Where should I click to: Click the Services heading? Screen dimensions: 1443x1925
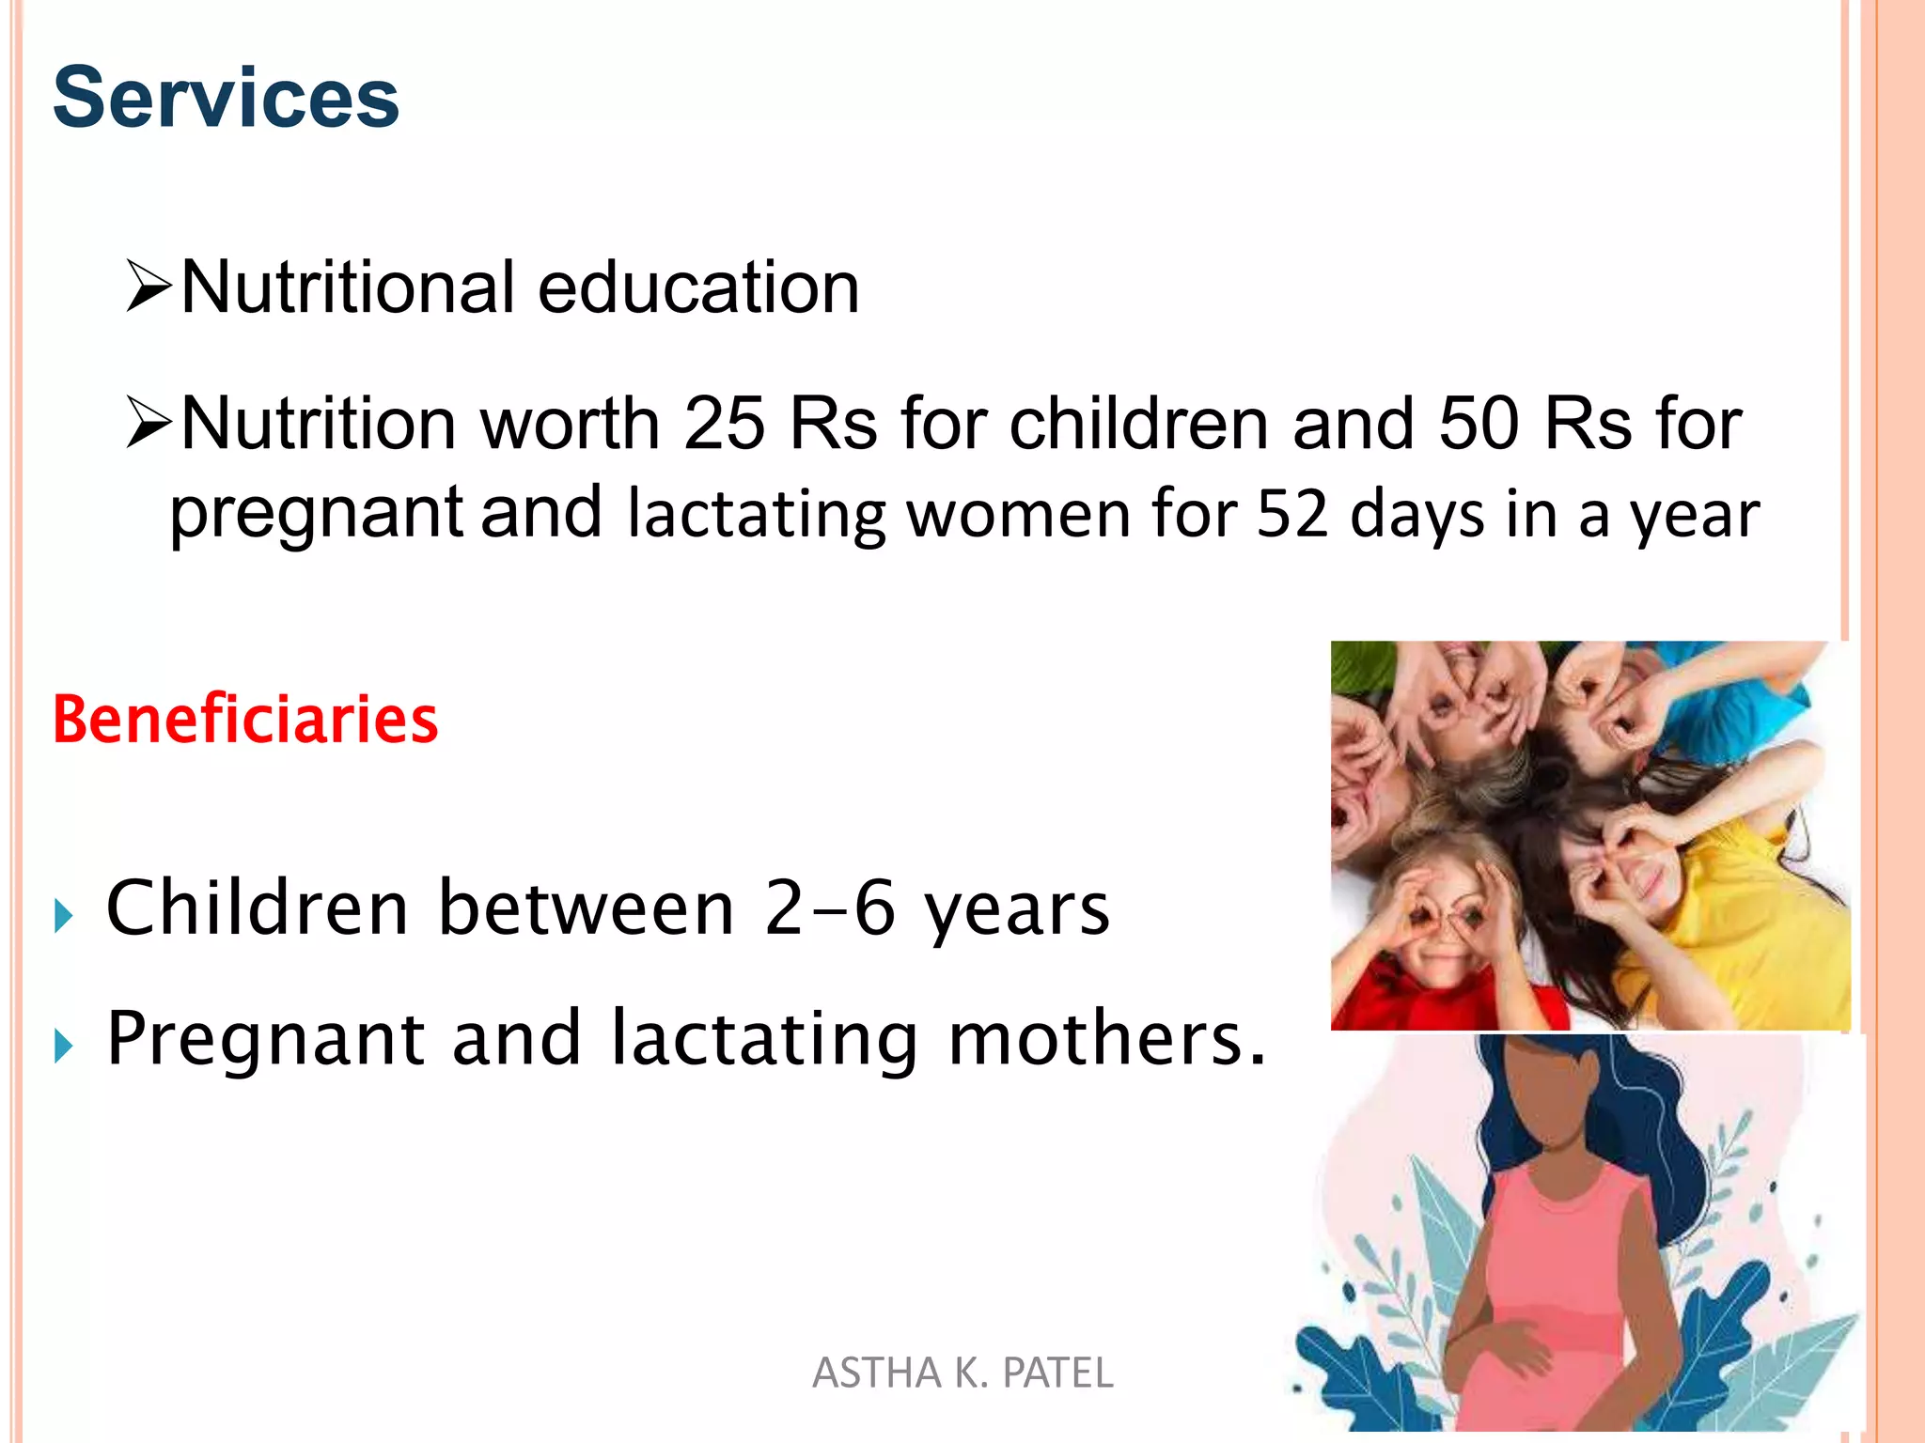pos(226,98)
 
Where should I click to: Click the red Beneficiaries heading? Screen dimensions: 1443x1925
pos(245,720)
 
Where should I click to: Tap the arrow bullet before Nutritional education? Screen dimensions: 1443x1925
pos(149,287)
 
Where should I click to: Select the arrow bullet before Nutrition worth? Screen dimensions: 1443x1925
pos(149,424)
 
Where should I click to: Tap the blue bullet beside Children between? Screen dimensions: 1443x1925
pos(64,915)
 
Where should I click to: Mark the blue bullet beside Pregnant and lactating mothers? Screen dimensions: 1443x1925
pos(64,1045)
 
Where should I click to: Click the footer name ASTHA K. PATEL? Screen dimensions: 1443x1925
pos(962,1373)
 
